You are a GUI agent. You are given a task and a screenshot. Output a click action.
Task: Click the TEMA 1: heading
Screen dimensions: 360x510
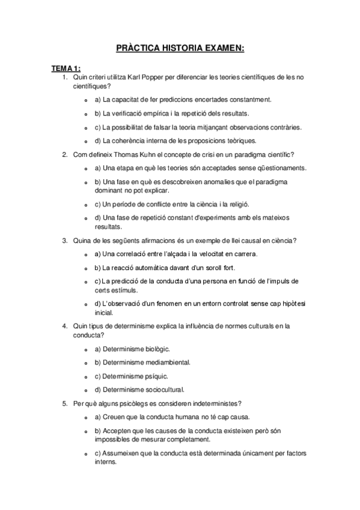click(x=66, y=68)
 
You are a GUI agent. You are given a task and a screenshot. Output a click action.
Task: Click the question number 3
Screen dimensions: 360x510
click(x=64, y=241)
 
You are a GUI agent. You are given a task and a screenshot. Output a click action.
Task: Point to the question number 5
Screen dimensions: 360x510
click(x=64, y=403)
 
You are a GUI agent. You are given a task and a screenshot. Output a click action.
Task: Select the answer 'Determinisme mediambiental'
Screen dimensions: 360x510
click(x=146, y=362)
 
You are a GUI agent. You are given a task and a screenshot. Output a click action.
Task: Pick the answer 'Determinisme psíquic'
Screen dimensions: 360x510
click(x=135, y=376)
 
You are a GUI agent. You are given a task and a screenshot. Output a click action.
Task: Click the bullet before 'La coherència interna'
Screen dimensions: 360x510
click(x=88, y=141)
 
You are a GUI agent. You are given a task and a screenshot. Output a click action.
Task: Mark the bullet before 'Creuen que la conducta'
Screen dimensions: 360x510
click(x=88, y=417)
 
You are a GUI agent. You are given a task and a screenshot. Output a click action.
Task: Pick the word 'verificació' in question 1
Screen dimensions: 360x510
click(x=130, y=114)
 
